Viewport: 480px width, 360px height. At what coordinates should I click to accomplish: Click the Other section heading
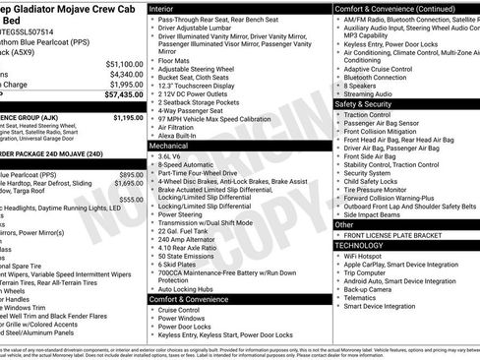(344, 224)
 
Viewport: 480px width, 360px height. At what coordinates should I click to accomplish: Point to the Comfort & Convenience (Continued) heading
(394, 7)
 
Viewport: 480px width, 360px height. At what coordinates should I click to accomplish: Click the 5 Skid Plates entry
(180, 265)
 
